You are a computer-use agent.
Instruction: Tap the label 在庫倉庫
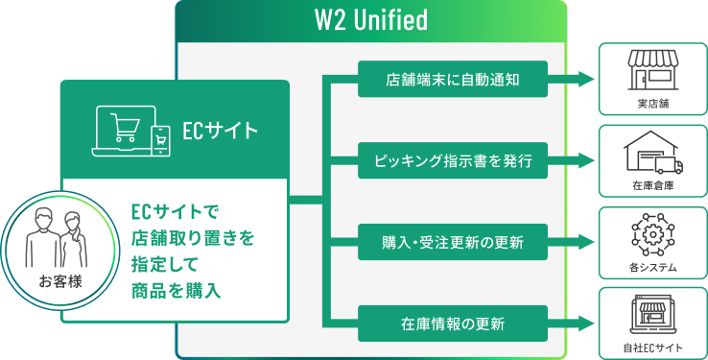[652, 185]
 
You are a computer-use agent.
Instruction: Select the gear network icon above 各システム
[652, 234]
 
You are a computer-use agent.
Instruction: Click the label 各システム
[652, 268]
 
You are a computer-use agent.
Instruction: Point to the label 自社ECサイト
[652, 348]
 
